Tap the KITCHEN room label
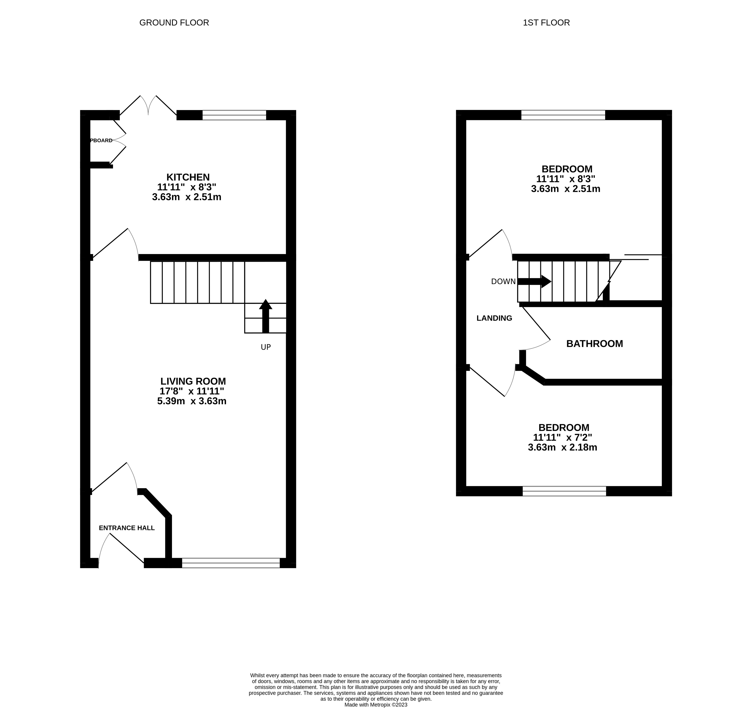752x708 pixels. pos(188,177)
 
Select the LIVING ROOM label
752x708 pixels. pos(193,381)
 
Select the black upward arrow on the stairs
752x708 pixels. pos(265,316)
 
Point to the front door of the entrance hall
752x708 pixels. pos(121,548)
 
